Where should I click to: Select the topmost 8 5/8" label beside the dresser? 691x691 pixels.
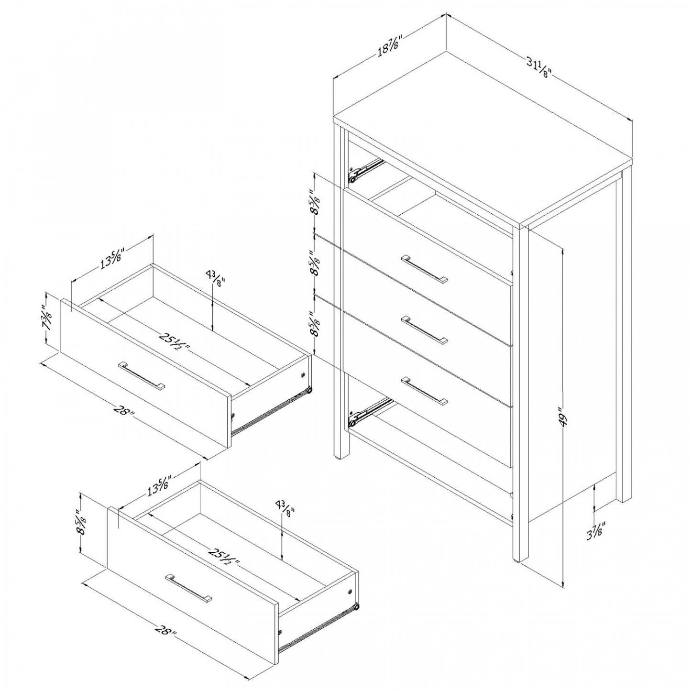coord(316,203)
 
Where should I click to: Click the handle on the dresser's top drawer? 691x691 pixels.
coord(425,269)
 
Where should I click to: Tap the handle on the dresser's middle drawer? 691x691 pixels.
coord(425,329)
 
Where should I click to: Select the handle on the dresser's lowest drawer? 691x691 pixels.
coord(425,391)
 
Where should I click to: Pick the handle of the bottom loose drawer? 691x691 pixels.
coord(189,587)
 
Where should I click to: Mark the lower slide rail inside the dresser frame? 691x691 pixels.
coord(369,412)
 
